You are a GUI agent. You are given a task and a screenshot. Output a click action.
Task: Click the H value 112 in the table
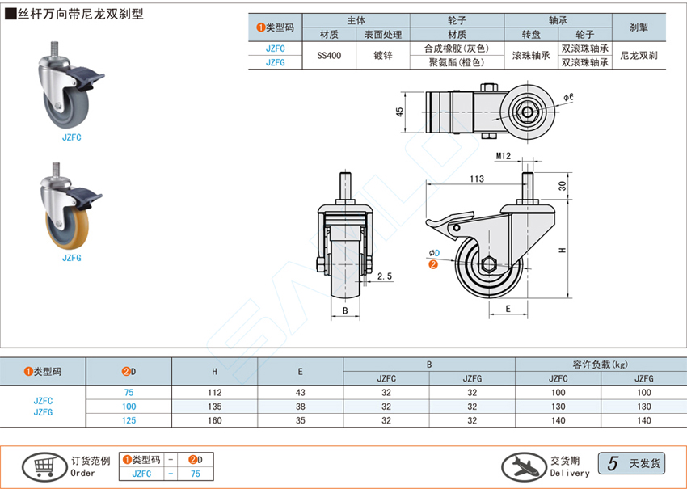click(214, 392)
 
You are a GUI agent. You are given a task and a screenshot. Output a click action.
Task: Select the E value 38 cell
click(300, 406)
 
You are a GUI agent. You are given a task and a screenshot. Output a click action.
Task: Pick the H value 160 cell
click(214, 420)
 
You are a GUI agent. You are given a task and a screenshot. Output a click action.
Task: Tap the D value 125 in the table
click(129, 420)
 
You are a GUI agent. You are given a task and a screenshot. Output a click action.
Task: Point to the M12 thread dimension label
click(504, 155)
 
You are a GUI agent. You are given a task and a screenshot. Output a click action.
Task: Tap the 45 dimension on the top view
click(399, 112)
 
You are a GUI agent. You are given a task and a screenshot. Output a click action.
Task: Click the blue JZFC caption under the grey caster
click(72, 137)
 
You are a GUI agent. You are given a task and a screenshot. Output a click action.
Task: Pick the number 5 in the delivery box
click(613, 464)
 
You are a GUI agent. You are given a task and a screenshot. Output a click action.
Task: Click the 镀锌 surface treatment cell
click(383, 56)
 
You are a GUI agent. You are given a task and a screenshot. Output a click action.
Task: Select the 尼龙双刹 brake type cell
click(639, 56)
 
